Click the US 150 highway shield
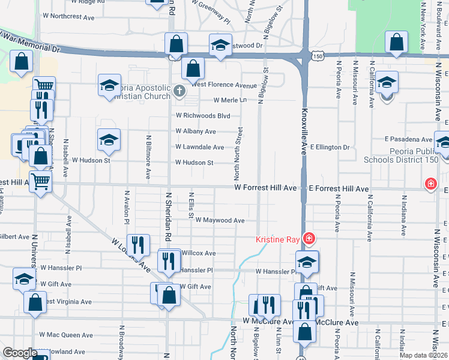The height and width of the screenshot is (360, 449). [318, 56]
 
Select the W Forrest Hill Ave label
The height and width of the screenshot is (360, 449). [265, 188]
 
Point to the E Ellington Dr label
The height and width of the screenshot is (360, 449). [330, 147]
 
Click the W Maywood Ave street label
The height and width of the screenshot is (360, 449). [220, 220]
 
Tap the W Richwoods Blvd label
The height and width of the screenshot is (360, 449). [203, 116]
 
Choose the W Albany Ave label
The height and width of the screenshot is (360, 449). [196, 131]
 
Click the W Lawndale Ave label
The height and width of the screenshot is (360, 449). [200, 147]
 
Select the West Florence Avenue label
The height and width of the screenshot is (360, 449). [224, 85]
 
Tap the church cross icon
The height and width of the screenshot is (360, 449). [178, 91]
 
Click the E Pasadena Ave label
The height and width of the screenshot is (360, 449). [409, 139]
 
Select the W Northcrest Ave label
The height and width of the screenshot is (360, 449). [69, 17]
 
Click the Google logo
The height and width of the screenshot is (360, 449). [20, 353]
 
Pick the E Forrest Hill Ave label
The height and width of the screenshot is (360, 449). [339, 188]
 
